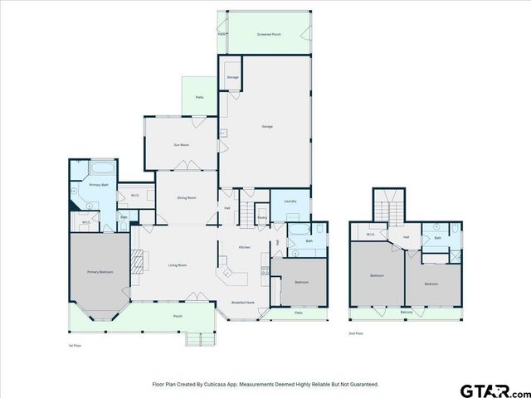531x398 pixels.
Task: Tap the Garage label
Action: pos(267,126)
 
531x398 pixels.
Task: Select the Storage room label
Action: pos(232,77)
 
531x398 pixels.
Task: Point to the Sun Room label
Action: pos(181,145)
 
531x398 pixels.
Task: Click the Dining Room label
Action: pos(186,198)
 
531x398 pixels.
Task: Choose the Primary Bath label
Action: pos(99,185)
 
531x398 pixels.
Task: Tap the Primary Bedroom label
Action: pos(100,272)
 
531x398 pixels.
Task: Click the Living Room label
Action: pos(178,265)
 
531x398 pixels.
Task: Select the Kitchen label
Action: pos(245,248)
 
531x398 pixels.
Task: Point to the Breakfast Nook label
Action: pos(243,302)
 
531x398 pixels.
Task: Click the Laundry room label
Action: pos(290,201)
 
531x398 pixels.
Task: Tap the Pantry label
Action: pos(261,218)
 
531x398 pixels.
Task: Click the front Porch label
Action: pos(178,316)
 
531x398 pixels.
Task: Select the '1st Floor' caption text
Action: pos(76,345)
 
